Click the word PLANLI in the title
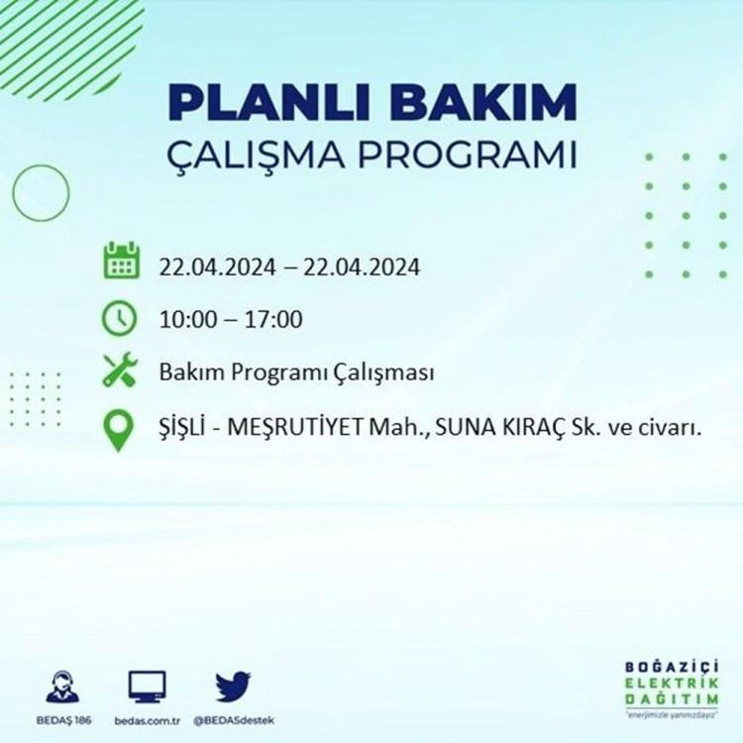pos(268,103)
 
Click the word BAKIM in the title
pos(483,103)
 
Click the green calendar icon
pos(121,261)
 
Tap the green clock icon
pos(120,318)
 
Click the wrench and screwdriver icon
pos(120,370)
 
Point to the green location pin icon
pos(119,430)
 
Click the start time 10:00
pos(187,319)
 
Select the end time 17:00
pos(273,319)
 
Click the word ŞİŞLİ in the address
pos(182,427)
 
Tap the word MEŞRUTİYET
pos(296,428)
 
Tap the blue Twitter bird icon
pos(233,687)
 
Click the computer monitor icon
pos(147,687)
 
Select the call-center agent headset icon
pos(63,687)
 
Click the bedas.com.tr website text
pos(148,721)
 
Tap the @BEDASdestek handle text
pos(234,721)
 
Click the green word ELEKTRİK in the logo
pos(672,684)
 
